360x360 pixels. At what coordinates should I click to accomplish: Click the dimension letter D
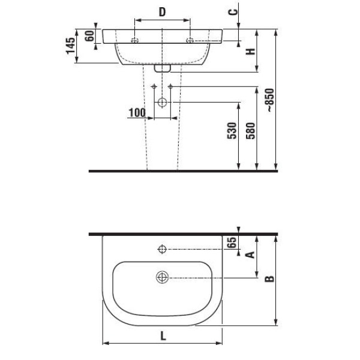click(162, 12)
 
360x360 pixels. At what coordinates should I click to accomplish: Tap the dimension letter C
click(233, 12)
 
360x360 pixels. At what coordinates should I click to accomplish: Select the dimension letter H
click(250, 52)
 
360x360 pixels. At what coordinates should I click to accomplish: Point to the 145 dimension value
click(71, 46)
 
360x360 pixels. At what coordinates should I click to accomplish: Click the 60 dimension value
click(89, 36)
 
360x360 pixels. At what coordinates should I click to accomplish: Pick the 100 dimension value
click(137, 113)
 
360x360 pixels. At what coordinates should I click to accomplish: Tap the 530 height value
click(232, 131)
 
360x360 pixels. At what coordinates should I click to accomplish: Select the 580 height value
click(250, 131)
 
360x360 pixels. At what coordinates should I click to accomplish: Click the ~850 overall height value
click(270, 100)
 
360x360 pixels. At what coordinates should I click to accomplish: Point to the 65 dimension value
click(232, 242)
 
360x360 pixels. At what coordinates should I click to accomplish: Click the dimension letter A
click(250, 255)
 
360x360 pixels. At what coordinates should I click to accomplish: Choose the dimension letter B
click(269, 278)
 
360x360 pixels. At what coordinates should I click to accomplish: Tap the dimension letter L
click(163, 337)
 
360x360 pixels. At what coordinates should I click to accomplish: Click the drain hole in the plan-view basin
click(163, 277)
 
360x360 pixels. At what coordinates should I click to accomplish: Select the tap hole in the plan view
click(163, 249)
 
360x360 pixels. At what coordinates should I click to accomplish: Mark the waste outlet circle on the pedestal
click(163, 103)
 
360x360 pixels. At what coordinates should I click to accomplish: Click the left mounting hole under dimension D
click(135, 41)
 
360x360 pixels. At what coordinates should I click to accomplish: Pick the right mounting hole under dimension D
click(190, 41)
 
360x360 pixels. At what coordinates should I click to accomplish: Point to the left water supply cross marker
click(154, 86)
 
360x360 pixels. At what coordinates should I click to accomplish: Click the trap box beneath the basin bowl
click(163, 68)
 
